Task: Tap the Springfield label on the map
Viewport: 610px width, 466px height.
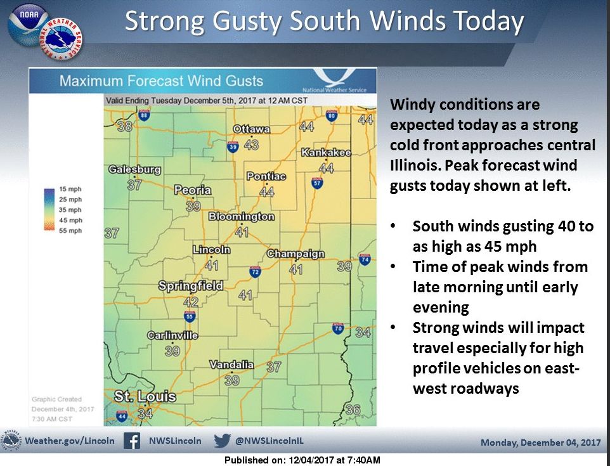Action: pyautogui.click(x=191, y=286)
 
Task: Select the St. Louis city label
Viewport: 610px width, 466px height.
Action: pyautogui.click(x=145, y=397)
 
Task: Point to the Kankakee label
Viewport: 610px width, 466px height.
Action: pyautogui.click(x=326, y=153)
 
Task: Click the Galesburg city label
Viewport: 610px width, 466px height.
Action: pyautogui.click(x=134, y=170)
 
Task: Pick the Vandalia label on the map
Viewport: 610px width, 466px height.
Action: pyautogui.click(x=232, y=365)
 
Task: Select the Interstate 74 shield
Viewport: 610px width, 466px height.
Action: pyautogui.click(x=365, y=260)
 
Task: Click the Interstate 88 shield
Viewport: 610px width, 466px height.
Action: pyautogui.click(x=144, y=115)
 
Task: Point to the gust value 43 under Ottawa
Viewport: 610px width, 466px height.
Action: pyautogui.click(x=251, y=145)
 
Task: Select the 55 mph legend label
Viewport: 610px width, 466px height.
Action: pyautogui.click(x=72, y=231)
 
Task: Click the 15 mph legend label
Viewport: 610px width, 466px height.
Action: pyautogui.click(x=72, y=190)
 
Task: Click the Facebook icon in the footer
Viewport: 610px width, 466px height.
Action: pyautogui.click(x=132, y=441)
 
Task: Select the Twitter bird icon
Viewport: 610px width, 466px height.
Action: pyautogui.click(x=222, y=441)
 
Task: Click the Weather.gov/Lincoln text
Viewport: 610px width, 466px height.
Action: pyautogui.click(x=70, y=441)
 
